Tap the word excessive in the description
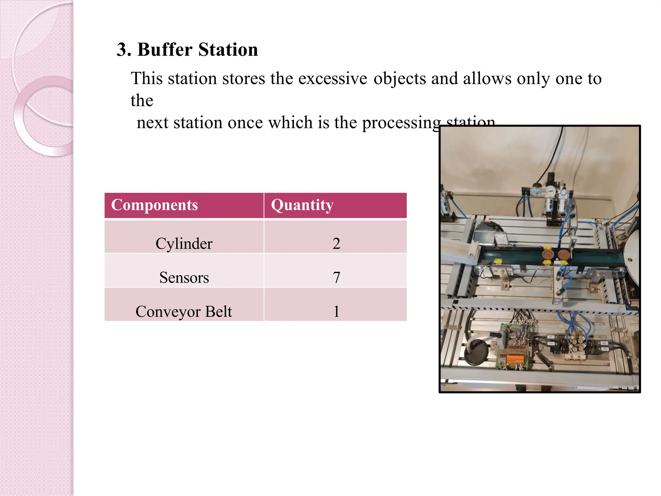tap(332, 78)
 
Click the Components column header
tap(154, 205)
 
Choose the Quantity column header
tap(302, 205)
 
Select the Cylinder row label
tap(184, 243)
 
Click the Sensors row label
tap(184, 277)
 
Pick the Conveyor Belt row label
tap(184, 312)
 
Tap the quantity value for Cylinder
tap(336, 243)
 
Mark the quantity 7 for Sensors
tap(336, 277)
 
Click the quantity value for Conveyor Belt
tap(336, 312)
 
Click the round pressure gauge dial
tap(549, 192)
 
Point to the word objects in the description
tap(400, 78)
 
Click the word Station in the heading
tap(228, 50)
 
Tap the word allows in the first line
tap(487, 78)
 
